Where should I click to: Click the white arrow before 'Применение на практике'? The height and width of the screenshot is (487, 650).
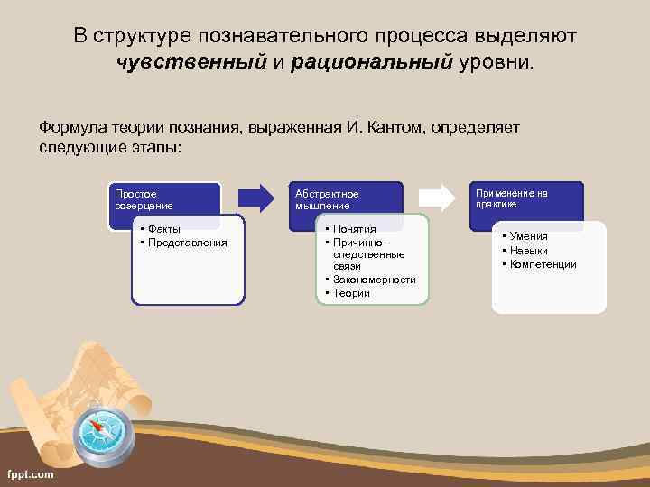coord(438,198)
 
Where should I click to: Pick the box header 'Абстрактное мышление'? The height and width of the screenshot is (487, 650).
coord(327,199)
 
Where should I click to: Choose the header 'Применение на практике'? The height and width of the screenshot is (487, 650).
coord(511,198)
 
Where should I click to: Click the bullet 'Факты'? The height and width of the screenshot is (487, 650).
coord(164,229)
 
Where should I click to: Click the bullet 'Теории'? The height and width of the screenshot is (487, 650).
coord(351,292)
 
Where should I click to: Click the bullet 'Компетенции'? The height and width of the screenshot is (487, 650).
coord(543,264)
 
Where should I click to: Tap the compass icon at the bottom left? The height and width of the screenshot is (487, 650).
coord(106,433)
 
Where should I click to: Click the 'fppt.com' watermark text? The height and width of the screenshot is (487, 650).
coord(30,474)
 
